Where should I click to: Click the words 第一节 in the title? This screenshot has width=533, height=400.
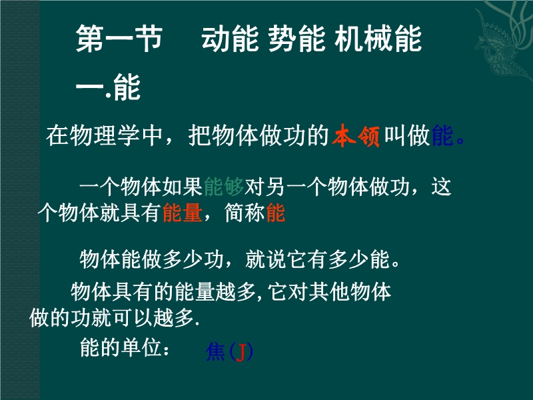pyautogui.click(x=119, y=39)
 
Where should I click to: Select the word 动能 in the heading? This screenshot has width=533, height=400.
pyautogui.click(x=230, y=39)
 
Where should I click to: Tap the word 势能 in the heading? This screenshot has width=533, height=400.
pyautogui.click(x=296, y=39)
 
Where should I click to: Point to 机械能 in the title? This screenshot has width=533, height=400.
pyautogui.click(x=378, y=39)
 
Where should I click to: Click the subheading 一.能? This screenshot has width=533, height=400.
pyautogui.click(x=108, y=87)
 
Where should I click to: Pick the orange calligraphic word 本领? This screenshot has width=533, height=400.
pyautogui.click(x=356, y=136)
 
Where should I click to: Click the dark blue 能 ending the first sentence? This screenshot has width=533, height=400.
pyautogui.click(x=442, y=136)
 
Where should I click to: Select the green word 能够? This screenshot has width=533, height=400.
pyautogui.click(x=224, y=187)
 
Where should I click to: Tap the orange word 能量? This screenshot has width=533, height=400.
pyautogui.click(x=183, y=213)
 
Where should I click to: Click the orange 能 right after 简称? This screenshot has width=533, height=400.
pyautogui.click(x=276, y=213)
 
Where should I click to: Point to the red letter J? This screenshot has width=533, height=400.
pyautogui.click(x=241, y=352)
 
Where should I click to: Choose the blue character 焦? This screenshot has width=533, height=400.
pyautogui.click(x=215, y=351)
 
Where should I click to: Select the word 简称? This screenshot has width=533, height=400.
pyautogui.click(x=245, y=213)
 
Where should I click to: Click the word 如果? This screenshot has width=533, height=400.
pyautogui.click(x=183, y=187)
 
